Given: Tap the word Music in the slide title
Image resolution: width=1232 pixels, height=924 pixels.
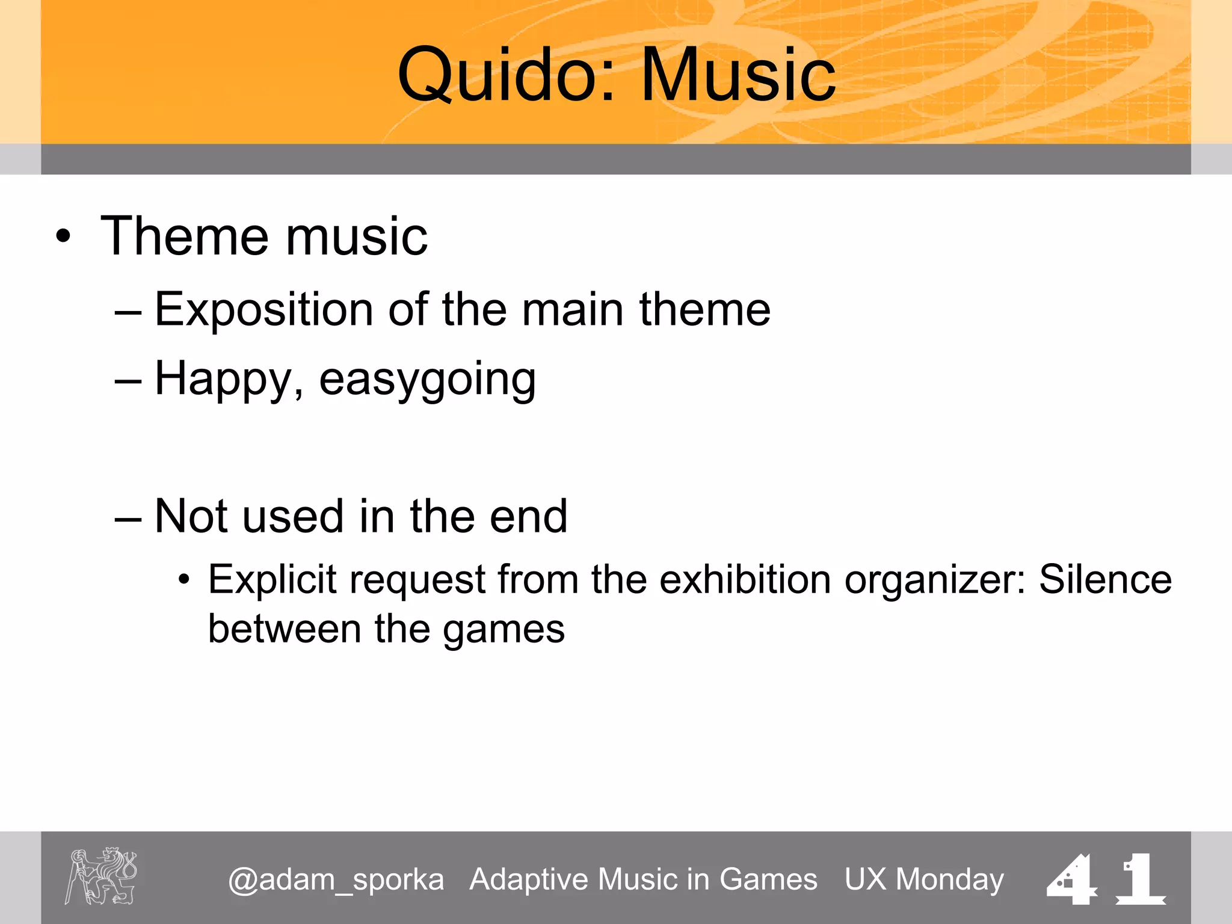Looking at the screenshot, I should pyautogui.click(x=738, y=75).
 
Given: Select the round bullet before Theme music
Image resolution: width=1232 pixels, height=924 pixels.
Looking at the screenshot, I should pyautogui.click(x=63, y=236).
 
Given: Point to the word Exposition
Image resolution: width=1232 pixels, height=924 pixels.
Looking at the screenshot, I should pyautogui.click(x=264, y=309).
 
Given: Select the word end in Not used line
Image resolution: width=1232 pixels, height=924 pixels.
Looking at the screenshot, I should pyautogui.click(x=528, y=516).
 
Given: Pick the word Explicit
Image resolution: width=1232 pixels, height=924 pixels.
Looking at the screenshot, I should pyautogui.click(x=272, y=580).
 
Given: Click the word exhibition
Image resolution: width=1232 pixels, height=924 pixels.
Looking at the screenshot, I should pyautogui.click(x=745, y=580).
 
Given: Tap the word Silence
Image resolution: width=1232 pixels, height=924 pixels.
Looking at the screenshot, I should pyautogui.click(x=1105, y=580).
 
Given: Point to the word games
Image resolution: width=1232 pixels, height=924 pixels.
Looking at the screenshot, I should pyautogui.click(x=504, y=630).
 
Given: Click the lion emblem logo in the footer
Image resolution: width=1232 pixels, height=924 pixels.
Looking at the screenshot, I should pyautogui.click(x=101, y=876).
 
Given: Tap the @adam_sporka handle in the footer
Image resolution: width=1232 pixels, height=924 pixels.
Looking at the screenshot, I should pyautogui.click(x=336, y=879).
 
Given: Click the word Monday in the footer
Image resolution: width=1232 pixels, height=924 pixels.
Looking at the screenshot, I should pyautogui.click(x=949, y=879).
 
